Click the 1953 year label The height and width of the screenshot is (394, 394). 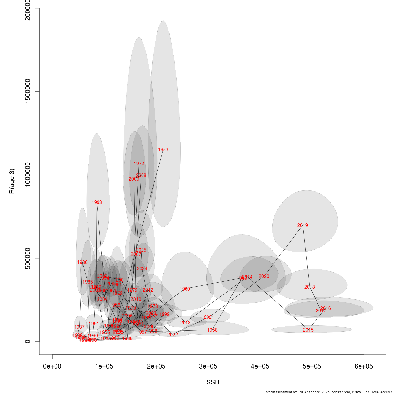pyautogui.click(x=163, y=150)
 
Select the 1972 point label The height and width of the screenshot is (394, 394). pyautogui.click(x=139, y=164)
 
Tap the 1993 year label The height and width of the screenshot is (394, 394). pyautogui.click(x=97, y=202)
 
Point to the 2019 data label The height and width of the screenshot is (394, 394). pyautogui.click(x=303, y=225)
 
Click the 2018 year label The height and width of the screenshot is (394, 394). pyautogui.click(x=310, y=287)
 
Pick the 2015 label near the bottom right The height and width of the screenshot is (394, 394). pyautogui.click(x=308, y=330)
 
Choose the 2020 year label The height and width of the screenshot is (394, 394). pyautogui.click(x=264, y=276)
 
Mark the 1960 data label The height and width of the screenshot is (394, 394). pyautogui.click(x=185, y=289)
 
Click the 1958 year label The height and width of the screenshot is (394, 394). pyautogui.click(x=212, y=330)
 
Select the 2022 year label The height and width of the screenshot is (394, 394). pyautogui.click(x=173, y=335)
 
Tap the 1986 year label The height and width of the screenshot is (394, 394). pyautogui.click(x=82, y=262)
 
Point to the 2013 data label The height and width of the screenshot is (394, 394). pyautogui.click(x=186, y=323)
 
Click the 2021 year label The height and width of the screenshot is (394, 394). pyautogui.click(x=209, y=317)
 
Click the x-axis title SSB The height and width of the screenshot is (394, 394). pyautogui.click(x=213, y=383)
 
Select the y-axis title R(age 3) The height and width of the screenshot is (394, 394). pyautogui.click(x=12, y=181)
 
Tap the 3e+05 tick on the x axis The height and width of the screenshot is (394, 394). pyautogui.click(x=208, y=366)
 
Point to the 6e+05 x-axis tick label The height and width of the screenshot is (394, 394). pyautogui.click(x=364, y=366)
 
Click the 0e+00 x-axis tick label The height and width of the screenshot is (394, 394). pyautogui.click(x=52, y=366)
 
